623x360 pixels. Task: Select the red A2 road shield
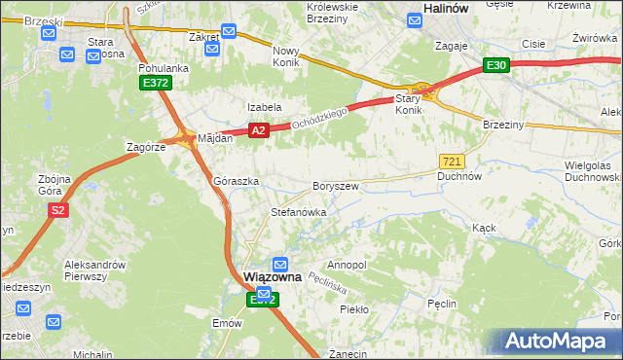tap(257, 129)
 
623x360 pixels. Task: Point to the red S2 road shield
tap(57, 210)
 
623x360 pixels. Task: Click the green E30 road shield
tap(496, 65)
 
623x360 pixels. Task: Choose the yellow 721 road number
tap(452, 162)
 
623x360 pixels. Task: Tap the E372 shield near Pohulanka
tap(155, 84)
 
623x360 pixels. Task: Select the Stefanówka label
tap(298, 211)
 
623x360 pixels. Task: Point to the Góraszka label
tap(236, 182)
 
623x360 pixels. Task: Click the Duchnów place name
tap(459, 177)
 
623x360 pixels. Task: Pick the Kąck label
tap(484, 227)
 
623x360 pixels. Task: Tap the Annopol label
tap(347, 265)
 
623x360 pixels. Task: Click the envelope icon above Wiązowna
tap(280, 264)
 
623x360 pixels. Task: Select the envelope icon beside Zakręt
tap(229, 31)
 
